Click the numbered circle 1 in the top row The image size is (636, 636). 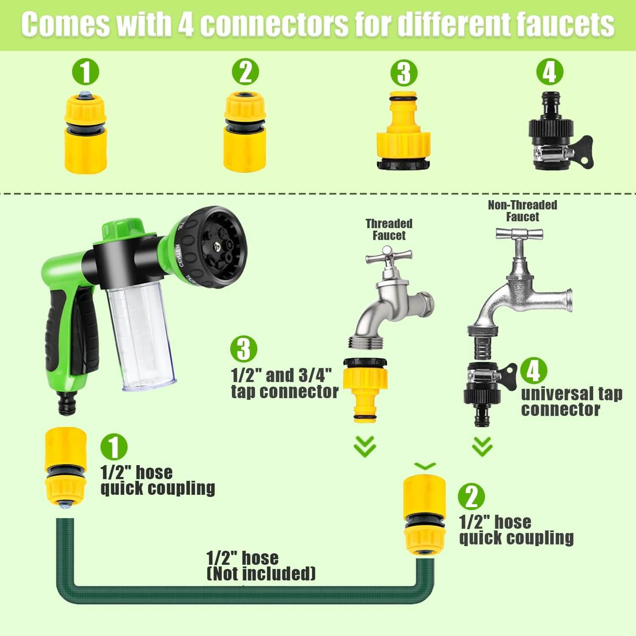pos(85,72)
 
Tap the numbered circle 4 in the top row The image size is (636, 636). pos(550,72)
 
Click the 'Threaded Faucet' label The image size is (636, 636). pos(389,229)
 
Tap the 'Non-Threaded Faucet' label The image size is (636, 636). pos(522,211)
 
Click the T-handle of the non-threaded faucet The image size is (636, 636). pos(519,233)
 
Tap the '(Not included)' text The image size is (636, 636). pos(261,574)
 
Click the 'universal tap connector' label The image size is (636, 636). pos(572,402)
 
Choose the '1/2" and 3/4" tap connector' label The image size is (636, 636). pos(285,383)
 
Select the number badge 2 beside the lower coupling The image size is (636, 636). pos(471,497)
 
